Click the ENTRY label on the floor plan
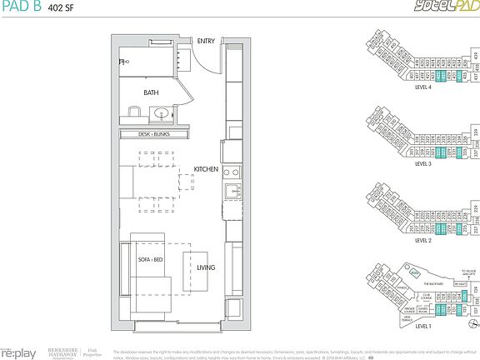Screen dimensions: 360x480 pos(205,41)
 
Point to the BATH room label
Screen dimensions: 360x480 pos(151,93)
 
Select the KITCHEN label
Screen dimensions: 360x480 pos(205,169)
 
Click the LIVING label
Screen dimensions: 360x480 pos(205,267)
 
